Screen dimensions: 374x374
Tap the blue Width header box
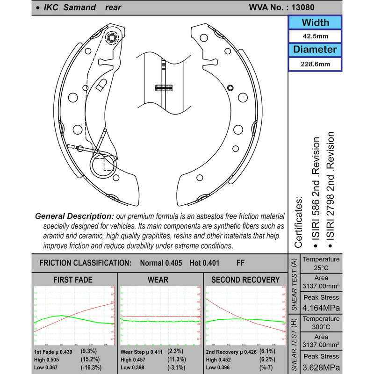tap(315, 22)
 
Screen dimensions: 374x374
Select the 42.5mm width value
tap(315, 36)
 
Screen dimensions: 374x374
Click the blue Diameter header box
tap(315, 49)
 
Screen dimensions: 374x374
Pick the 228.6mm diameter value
tap(315, 64)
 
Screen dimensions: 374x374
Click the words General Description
tap(74, 216)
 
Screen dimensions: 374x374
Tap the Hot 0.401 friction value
tap(204, 263)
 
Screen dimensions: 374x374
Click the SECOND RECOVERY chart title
tap(245, 280)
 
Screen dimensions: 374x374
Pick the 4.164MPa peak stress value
tap(321, 308)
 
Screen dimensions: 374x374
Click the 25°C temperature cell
tap(321, 268)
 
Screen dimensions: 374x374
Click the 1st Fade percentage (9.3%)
tap(89, 350)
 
